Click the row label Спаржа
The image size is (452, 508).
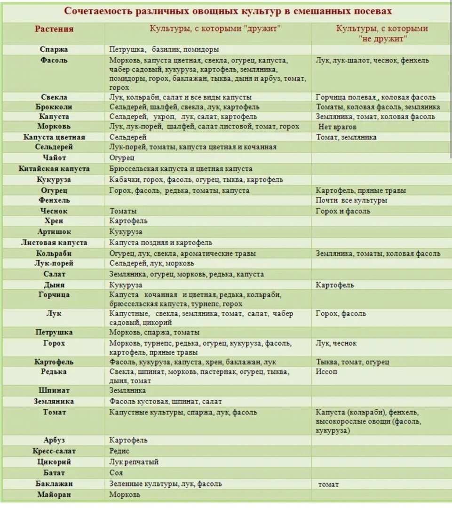click(x=54, y=49)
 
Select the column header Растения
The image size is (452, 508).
click(x=54, y=29)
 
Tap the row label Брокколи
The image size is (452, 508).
click(x=54, y=107)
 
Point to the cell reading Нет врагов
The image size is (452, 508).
click(x=338, y=127)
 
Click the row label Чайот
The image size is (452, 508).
click(x=54, y=158)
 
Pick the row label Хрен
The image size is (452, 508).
click(x=54, y=221)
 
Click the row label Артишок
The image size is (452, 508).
click(x=54, y=232)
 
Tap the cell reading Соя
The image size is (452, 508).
click(x=116, y=473)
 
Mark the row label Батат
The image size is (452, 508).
click(x=54, y=473)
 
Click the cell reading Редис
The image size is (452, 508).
click(x=119, y=451)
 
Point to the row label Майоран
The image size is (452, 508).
click(x=54, y=494)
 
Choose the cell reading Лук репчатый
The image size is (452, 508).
click(x=134, y=462)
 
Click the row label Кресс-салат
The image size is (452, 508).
click(x=54, y=451)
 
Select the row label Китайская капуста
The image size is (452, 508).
click(x=54, y=168)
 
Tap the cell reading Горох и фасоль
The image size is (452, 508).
click(x=343, y=211)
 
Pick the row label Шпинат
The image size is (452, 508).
click(x=54, y=390)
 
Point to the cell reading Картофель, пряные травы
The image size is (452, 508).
click(x=361, y=190)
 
